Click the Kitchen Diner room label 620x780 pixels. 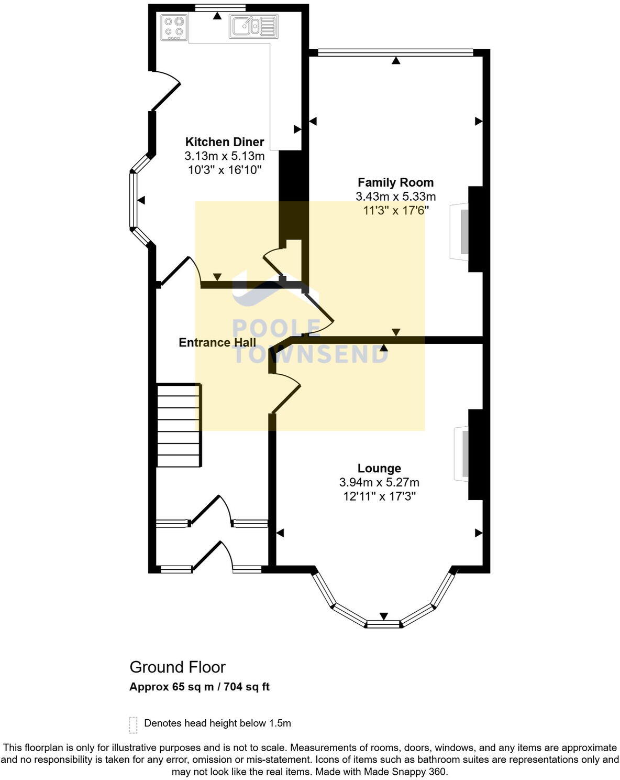(224, 142)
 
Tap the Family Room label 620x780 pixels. (395, 182)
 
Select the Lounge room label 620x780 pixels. (379, 468)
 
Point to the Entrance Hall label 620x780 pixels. (217, 342)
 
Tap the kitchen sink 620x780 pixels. (253, 26)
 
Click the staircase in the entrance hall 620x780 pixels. (179, 425)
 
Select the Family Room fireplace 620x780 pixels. (459, 231)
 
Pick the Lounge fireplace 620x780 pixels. (462, 453)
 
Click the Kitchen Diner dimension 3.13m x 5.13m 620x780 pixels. (224, 156)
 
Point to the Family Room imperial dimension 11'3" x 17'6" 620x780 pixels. (396, 210)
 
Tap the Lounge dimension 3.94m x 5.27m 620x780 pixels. (379, 482)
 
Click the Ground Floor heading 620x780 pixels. (178, 667)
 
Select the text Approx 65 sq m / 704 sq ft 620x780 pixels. (200, 687)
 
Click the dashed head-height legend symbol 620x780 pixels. (133, 724)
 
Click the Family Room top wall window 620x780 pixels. (395, 52)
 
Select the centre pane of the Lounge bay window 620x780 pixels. (383, 624)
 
